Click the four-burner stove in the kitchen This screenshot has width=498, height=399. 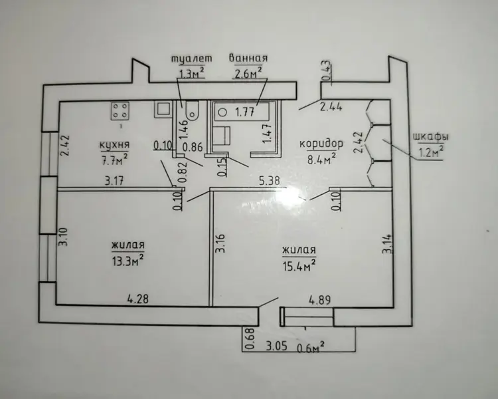pyautogui.click(x=120, y=111)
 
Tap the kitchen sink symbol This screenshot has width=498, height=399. pyautogui.click(x=163, y=109)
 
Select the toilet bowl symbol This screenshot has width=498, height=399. pyautogui.click(x=191, y=111)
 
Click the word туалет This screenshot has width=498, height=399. pyautogui.click(x=191, y=59)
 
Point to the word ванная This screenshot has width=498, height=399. pyautogui.click(x=248, y=59)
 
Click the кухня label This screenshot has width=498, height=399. pyautogui.click(x=115, y=145)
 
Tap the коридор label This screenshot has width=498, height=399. pyautogui.click(x=321, y=144)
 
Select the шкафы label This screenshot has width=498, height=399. pyautogui.click(x=431, y=137)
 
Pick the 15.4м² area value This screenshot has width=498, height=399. pyautogui.click(x=299, y=266)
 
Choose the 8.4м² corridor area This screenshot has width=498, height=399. pyautogui.click(x=321, y=159)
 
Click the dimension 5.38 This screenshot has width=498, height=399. pyautogui.click(x=270, y=181)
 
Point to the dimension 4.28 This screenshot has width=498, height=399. pyautogui.click(x=138, y=299)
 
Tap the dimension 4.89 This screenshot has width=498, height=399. pyautogui.click(x=320, y=300)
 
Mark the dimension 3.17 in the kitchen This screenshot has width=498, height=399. pyautogui.click(x=114, y=181)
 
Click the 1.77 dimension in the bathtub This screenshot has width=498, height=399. pyautogui.click(x=244, y=112)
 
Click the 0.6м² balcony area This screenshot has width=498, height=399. pyautogui.click(x=311, y=347)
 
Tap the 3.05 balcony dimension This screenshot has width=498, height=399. pyautogui.click(x=276, y=346)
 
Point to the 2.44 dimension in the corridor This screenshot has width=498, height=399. pyautogui.click(x=331, y=107)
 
